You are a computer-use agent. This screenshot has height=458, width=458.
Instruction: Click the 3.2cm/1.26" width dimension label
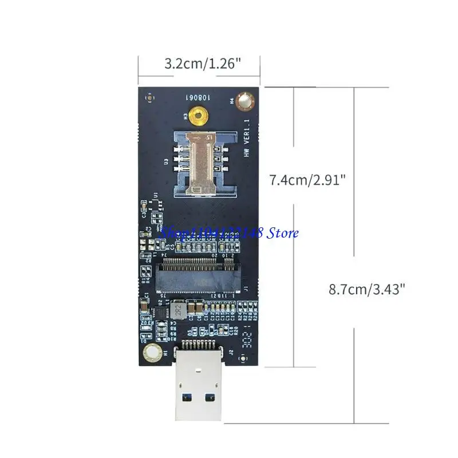coord(199,63)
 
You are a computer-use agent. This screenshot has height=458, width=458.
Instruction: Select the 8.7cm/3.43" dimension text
coord(366,289)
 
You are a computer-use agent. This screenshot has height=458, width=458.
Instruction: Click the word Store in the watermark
coord(285,233)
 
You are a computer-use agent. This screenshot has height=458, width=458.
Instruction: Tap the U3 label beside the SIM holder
coord(167,163)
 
